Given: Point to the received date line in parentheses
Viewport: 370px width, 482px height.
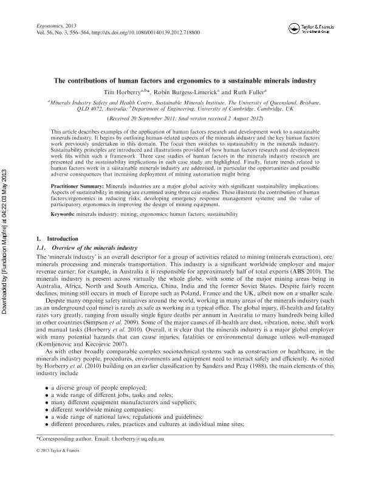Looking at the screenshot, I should (x=185, y=118).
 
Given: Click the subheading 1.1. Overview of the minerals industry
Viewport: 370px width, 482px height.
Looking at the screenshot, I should (x=81, y=249).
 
